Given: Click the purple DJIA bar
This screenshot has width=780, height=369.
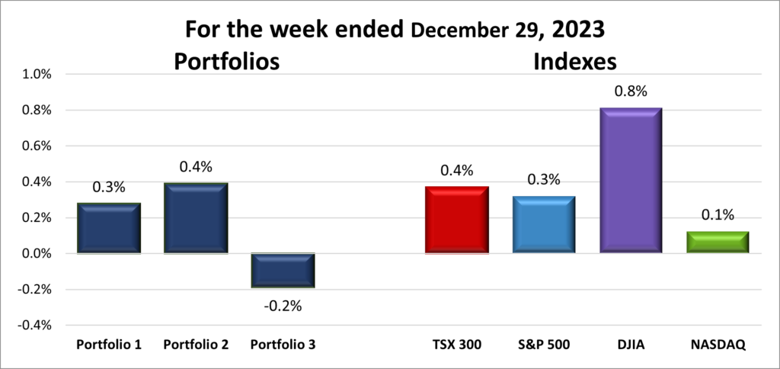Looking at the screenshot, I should tap(630, 181).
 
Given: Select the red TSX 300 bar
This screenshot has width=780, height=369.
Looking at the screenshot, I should tap(456, 220).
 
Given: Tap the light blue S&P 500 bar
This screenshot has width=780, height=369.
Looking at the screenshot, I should tap(543, 224).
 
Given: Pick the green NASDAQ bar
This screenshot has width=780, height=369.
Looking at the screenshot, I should tap(718, 242).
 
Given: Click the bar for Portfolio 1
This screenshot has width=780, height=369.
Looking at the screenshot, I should tap(109, 228).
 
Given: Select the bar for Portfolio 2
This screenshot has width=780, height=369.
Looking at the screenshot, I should tap(196, 218).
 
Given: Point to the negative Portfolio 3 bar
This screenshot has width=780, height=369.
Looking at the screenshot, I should tap(283, 271).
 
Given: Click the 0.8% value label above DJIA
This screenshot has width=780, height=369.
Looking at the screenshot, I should tap(630, 91).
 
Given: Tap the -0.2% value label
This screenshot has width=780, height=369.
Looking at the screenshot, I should tap(283, 306).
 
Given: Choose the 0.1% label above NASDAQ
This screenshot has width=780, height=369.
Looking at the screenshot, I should tap(718, 215).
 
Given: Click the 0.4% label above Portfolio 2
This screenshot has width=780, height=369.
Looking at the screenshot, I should tap(196, 166).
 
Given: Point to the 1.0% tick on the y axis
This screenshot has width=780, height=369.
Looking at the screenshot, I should tap(36, 75).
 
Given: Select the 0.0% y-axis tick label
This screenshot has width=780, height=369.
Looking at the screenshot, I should tap(36, 253).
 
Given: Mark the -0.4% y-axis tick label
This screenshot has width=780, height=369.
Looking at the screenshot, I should tap(34, 325).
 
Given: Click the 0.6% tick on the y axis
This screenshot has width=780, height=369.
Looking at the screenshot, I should tap(36, 146).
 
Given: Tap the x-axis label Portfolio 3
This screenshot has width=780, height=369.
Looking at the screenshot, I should tap(283, 345).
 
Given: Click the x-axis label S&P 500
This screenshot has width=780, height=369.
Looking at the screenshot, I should tap(543, 345).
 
